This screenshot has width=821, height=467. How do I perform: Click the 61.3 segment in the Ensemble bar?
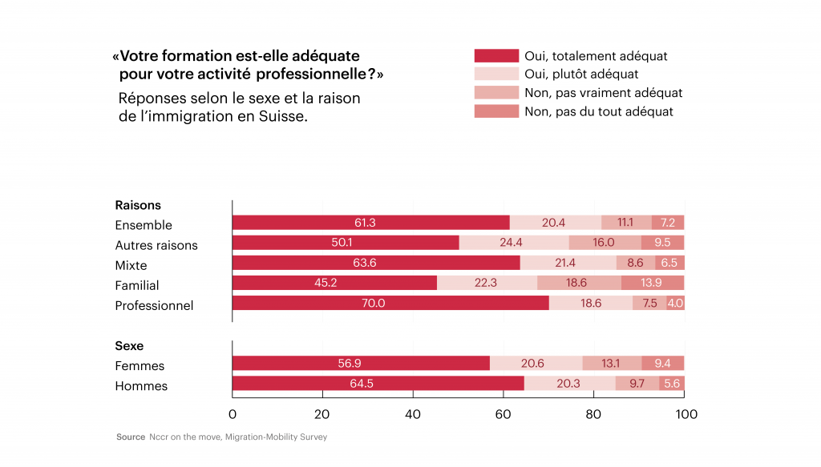pos(370,223)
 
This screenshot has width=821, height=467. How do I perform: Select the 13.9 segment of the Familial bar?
pos(653,283)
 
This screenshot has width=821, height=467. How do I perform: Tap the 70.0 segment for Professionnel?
pos(390,304)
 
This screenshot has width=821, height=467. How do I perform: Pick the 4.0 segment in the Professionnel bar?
pos(675,304)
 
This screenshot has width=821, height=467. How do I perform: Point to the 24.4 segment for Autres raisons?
pos(514,243)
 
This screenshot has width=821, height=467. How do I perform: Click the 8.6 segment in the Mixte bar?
pos(636,263)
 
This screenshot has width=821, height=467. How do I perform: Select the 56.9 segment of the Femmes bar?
pos(362,364)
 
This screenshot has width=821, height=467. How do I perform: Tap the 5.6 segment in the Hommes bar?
pos(671,384)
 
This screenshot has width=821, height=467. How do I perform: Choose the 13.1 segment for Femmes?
pos(612,364)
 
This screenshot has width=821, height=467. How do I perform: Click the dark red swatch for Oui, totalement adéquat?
pos(496,56)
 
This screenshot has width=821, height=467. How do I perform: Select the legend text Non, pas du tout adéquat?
pos(599,111)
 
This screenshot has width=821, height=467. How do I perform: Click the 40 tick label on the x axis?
pos(413,415)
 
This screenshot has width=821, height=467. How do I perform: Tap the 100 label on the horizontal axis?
pos(686,415)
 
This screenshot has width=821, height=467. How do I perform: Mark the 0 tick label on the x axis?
pos(233,415)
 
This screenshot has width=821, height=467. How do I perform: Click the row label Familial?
pos(136,285)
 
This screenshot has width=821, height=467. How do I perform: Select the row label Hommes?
pos(141,386)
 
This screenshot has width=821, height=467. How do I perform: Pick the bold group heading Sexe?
pos(129,346)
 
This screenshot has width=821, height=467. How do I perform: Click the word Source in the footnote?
pos(131,437)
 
